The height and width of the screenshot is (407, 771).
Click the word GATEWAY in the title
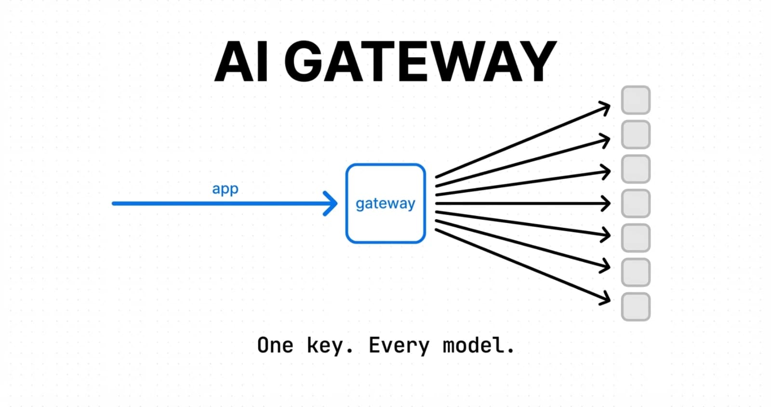[420, 62]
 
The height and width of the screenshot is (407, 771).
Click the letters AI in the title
[241, 62]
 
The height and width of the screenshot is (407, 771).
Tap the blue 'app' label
[225, 189]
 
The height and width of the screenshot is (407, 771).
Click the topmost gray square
[636, 100]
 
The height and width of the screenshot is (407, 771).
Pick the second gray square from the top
[636, 134]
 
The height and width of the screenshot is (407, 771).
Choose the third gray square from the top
[636, 169]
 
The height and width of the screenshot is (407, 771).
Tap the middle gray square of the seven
[636, 203]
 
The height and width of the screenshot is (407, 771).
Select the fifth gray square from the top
[636, 237]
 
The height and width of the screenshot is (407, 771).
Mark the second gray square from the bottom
[636, 272]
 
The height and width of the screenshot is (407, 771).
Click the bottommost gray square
[636, 306]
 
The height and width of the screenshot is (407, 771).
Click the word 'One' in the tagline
[275, 345]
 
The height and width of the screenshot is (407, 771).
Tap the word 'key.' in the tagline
[330, 346]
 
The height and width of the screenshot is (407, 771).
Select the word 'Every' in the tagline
[399, 346]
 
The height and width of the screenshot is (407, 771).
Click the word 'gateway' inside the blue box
[385, 204]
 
